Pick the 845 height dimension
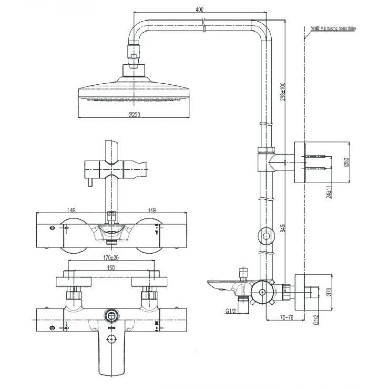click(283, 229)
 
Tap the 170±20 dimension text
click(111, 258)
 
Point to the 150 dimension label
click(111, 268)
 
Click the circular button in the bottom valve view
click(111, 315)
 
